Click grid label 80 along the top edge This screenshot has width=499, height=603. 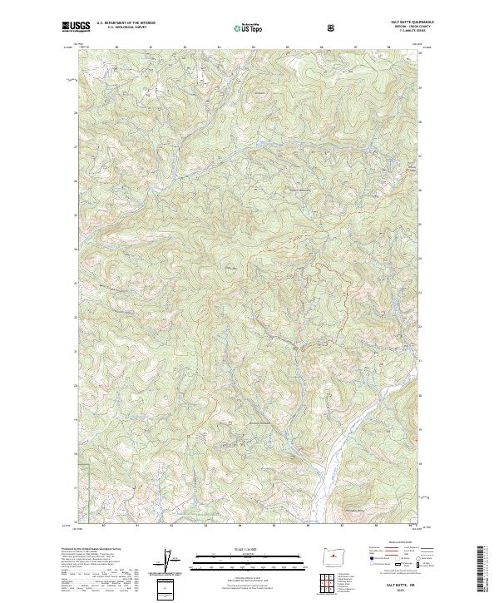tap(116, 47)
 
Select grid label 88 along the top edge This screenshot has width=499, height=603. tap(389, 47)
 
